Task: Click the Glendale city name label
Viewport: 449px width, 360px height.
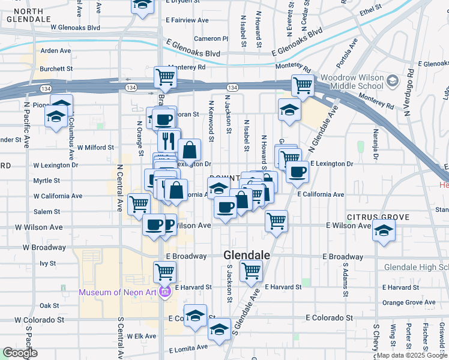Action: coord(246,255)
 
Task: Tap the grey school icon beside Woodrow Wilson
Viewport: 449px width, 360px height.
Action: coord(392,80)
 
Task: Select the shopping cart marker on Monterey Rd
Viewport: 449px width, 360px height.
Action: coord(165,77)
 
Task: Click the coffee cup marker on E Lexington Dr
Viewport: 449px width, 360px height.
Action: coord(297,173)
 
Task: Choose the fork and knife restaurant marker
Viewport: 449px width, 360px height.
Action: coord(167,140)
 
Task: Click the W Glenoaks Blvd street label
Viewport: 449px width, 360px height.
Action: coord(75,28)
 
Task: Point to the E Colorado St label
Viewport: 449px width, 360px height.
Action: coord(329,317)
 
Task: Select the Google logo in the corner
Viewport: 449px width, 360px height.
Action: coord(20,353)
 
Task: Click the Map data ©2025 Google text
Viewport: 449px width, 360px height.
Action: coord(412,356)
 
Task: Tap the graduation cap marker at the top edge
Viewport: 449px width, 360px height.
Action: coord(142,5)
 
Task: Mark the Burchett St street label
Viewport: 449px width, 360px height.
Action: coord(56,69)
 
